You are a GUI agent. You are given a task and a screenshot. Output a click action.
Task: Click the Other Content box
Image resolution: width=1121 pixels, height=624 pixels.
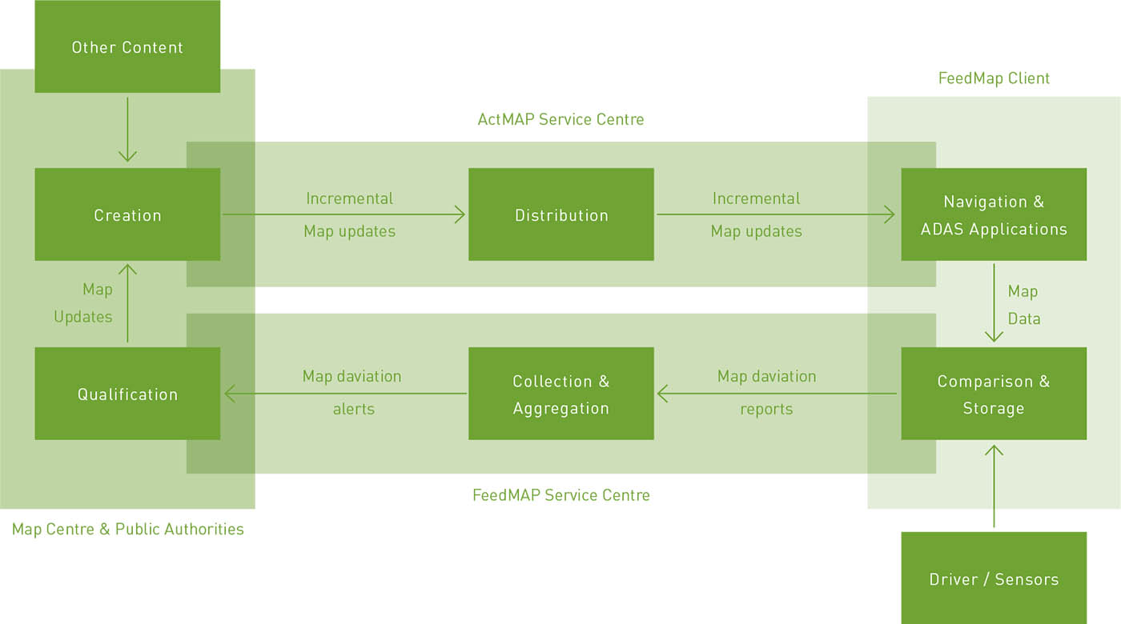pyautogui.click(x=127, y=46)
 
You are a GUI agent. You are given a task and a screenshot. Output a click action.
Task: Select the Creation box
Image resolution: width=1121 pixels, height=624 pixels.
pyautogui.click(x=127, y=214)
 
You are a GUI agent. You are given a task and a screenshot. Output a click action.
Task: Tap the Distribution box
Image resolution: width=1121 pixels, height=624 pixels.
pyautogui.click(x=560, y=214)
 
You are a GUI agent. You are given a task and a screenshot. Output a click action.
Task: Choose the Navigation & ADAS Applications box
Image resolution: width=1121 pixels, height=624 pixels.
pyautogui.click(x=993, y=214)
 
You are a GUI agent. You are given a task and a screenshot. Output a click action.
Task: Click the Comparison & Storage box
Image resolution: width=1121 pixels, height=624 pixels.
pyautogui.click(x=993, y=394)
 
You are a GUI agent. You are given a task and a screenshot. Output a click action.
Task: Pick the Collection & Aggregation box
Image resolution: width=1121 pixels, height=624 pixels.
pyautogui.click(x=560, y=394)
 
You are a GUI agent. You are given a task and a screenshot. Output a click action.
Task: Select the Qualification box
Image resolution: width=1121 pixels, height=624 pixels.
pyautogui.click(x=127, y=394)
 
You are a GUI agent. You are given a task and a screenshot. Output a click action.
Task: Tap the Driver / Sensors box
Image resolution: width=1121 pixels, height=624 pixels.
pyautogui.click(x=993, y=578)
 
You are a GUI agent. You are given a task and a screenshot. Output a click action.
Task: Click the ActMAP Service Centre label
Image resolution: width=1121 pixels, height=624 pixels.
pyautogui.click(x=560, y=119)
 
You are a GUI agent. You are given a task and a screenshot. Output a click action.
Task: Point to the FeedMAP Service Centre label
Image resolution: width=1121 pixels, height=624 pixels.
pyautogui.click(x=560, y=494)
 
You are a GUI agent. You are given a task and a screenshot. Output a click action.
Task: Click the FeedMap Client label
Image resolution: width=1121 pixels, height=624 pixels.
pyautogui.click(x=993, y=78)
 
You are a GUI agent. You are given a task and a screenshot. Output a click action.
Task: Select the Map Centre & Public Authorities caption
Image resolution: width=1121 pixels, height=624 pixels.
pyautogui.click(x=127, y=529)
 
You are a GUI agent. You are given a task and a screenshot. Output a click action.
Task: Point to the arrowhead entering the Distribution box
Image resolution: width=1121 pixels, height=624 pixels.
pyautogui.click(x=460, y=214)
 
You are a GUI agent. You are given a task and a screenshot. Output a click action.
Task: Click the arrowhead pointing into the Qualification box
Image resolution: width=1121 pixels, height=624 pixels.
pyautogui.click(x=231, y=394)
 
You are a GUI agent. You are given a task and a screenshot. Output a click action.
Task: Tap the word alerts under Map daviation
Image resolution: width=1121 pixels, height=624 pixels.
pyautogui.click(x=353, y=409)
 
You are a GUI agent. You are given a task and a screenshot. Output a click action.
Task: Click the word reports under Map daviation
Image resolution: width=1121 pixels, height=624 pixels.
pyautogui.click(x=765, y=409)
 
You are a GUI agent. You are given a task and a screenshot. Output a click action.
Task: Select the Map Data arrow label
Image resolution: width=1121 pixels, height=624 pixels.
pyautogui.click(x=1023, y=305)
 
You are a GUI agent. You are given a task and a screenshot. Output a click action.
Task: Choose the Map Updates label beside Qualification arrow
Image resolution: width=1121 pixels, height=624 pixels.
pyautogui.click(x=83, y=303)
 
